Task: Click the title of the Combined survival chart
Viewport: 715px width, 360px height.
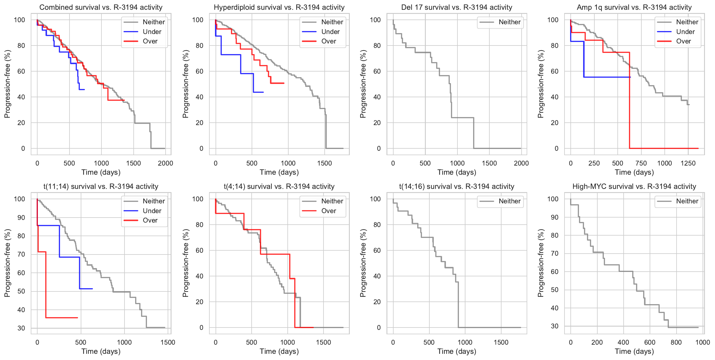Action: tap(101, 7)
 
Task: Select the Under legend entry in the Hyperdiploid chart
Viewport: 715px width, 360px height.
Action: tap(330, 32)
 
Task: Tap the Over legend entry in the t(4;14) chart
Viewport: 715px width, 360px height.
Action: tap(329, 211)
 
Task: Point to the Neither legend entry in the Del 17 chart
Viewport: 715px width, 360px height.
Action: tap(509, 22)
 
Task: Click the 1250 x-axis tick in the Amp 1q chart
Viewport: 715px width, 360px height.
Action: tap(688, 163)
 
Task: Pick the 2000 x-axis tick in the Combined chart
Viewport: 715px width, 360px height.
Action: tap(165, 163)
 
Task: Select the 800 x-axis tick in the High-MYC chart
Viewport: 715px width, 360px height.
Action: tap(676, 342)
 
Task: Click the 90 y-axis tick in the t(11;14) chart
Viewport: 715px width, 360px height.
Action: tap(21, 218)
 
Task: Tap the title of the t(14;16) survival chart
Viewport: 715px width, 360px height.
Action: tap(457, 187)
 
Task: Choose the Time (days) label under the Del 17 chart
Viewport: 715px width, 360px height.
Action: tap(457, 172)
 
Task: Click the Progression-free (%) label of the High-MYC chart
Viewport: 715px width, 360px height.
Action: tap(541, 263)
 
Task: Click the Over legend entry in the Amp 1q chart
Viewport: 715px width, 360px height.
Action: tap(683, 41)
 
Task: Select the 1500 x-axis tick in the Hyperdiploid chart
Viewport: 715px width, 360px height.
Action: tap(324, 163)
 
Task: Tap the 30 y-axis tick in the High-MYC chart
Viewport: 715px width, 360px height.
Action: tap(554, 326)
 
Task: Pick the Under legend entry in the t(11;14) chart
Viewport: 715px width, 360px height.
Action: tap(152, 211)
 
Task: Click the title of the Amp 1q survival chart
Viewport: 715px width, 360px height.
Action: tap(634, 7)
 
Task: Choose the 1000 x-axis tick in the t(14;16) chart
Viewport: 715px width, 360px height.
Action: tap(465, 342)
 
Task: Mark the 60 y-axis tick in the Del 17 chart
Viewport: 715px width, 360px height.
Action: tap(377, 71)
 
